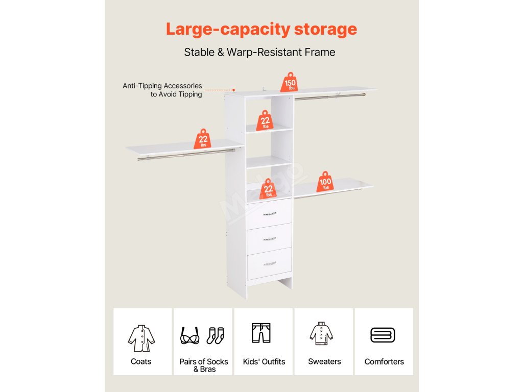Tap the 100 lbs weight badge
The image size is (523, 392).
click(325, 182)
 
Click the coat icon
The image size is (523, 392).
click(141, 337)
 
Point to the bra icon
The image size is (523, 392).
click(190, 336)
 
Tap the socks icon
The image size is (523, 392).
click(215, 335)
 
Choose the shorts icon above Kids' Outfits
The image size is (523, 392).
click(261, 333)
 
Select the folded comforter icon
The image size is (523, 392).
click(383, 335)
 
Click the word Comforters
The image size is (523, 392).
click(384, 361)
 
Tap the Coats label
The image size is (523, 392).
click(141, 361)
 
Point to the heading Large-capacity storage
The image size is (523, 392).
click(261, 29)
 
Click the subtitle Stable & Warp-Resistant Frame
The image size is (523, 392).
click(259, 52)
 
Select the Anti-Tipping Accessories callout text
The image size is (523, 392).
click(162, 90)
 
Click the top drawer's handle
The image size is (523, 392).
click(270, 214)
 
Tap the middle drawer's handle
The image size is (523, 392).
click(270, 239)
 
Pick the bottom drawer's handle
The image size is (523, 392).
click(270, 263)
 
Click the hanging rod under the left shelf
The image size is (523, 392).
click(186, 155)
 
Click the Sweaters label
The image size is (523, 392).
click(324, 361)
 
